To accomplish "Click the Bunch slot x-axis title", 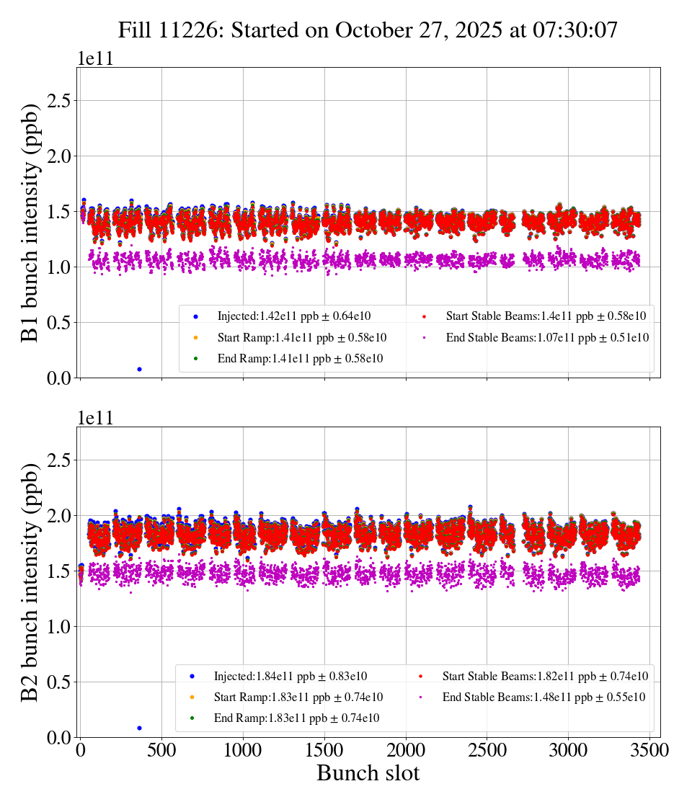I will pos(368,773).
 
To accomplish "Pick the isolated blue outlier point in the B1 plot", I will pos(139,369).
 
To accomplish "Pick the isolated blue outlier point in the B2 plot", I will pos(139,728).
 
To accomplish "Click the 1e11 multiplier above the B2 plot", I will pos(96,418).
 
